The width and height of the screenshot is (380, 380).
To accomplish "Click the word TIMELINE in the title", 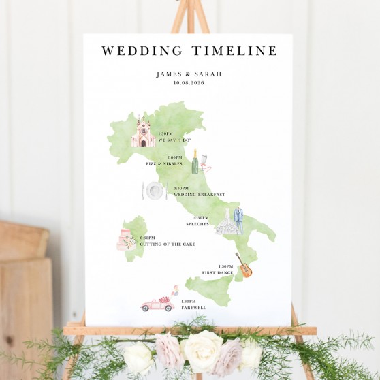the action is point(234,51).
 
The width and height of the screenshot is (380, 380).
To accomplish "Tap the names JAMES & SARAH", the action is point(189,74).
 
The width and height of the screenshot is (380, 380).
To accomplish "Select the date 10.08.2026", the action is point(189,83).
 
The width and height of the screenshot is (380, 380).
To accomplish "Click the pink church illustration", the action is point(143,133).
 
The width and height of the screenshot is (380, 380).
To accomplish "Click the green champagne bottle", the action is point(195,162).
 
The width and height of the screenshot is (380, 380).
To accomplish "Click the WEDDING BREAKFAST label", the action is point(199,195).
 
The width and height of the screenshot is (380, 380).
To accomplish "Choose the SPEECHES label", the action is point(197,224).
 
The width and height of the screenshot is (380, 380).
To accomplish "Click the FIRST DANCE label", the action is point(218,273).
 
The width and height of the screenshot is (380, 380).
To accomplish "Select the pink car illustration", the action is point(157,304).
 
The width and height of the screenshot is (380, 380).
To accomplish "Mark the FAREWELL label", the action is point(193,308).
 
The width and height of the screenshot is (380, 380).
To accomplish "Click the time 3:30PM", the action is point(181,189).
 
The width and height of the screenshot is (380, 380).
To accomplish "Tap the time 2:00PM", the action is point(174,158).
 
